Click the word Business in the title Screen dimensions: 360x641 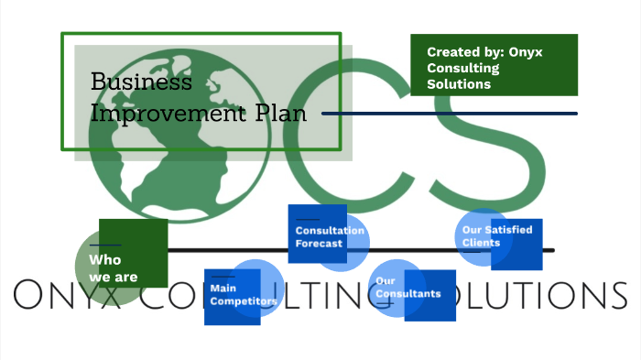[142, 82]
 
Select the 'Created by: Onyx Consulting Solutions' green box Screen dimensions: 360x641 [494, 65]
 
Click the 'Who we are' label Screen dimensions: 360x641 [108, 267]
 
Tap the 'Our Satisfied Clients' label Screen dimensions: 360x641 [497, 236]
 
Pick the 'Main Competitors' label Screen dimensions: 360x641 [243, 294]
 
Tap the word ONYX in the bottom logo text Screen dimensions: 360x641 [64, 296]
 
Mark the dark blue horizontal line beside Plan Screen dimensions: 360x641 [450, 114]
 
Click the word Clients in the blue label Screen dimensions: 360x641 [482, 243]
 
